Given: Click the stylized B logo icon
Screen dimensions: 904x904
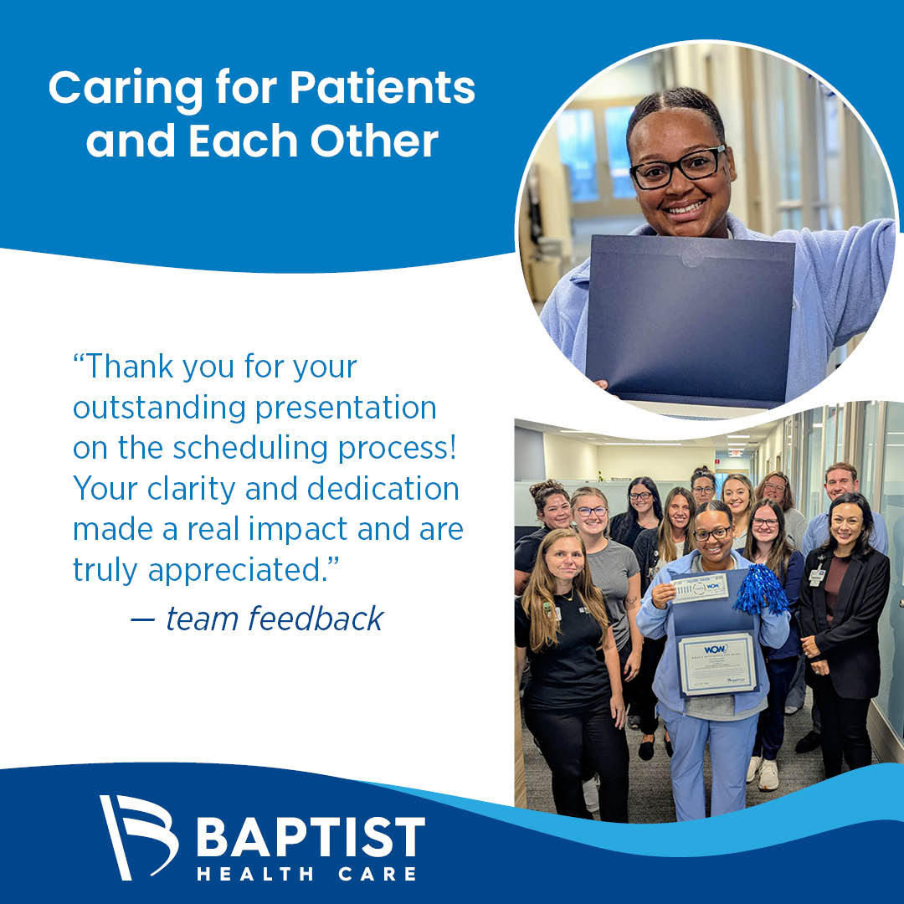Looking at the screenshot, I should pyautogui.click(x=138, y=837).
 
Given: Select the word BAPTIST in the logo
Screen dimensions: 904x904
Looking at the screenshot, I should pyautogui.click(x=311, y=837).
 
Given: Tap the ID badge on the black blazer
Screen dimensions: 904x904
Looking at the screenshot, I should pyautogui.click(x=817, y=577).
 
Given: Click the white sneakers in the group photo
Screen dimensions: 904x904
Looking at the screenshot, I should pyautogui.click(x=763, y=773).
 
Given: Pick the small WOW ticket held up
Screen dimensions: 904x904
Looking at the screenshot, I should pyautogui.click(x=700, y=588).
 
